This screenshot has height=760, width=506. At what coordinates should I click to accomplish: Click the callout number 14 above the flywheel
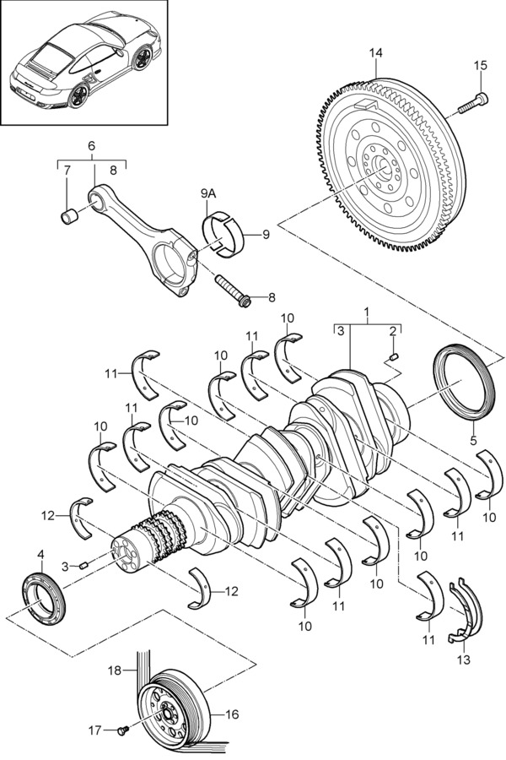pyautogui.click(x=376, y=53)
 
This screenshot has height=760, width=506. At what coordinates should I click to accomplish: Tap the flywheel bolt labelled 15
pyautogui.click(x=472, y=104)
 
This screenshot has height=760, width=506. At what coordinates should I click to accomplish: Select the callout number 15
pyautogui.click(x=481, y=65)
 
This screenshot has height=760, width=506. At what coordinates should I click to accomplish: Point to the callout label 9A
pyautogui.click(x=208, y=194)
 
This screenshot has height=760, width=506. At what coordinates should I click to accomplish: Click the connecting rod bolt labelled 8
pyautogui.click(x=231, y=290)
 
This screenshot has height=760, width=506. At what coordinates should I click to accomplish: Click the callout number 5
pyautogui.click(x=473, y=441)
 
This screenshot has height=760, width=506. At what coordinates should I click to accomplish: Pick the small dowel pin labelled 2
pyautogui.click(x=394, y=358)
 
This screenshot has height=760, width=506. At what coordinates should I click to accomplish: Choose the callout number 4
pyautogui.click(x=40, y=553)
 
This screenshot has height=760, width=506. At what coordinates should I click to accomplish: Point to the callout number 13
pyautogui.click(x=463, y=660)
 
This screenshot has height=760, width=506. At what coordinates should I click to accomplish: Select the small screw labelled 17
pyautogui.click(x=122, y=729)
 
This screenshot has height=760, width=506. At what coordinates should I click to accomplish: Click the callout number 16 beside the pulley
pyautogui.click(x=233, y=714)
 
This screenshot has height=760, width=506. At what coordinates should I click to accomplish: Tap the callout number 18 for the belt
pyautogui.click(x=115, y=670)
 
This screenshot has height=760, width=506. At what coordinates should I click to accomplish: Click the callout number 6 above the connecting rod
pyautogui.click(x=92, y=145)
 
